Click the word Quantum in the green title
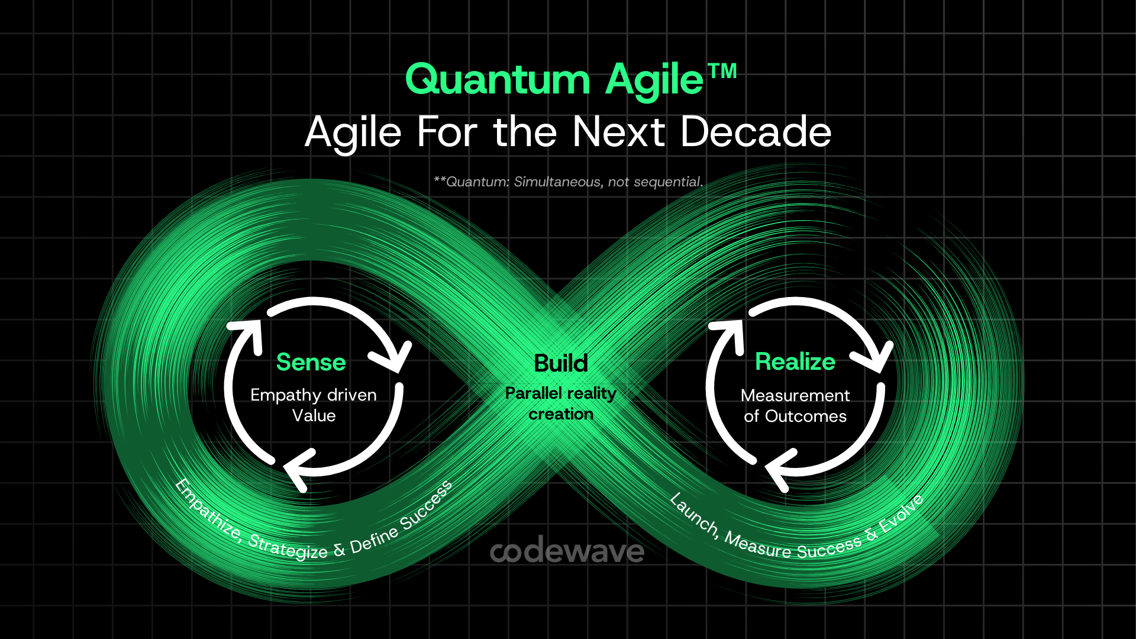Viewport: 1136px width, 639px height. (498, 80)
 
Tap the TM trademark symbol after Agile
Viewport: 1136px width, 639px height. (722, 72)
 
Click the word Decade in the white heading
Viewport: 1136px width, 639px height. (756, 132)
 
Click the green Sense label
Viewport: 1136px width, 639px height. (311, 362)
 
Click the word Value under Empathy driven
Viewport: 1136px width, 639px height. (314, 415)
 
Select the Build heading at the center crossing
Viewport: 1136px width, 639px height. (560, 363)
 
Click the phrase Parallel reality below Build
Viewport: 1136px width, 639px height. (560, 393)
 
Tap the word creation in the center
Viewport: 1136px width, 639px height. (560, 414)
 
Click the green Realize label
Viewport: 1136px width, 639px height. (795, 362)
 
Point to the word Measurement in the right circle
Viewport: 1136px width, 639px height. (795, 395)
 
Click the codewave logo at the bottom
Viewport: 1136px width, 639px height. (567, 551)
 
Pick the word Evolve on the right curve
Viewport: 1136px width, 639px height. (901, 513)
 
